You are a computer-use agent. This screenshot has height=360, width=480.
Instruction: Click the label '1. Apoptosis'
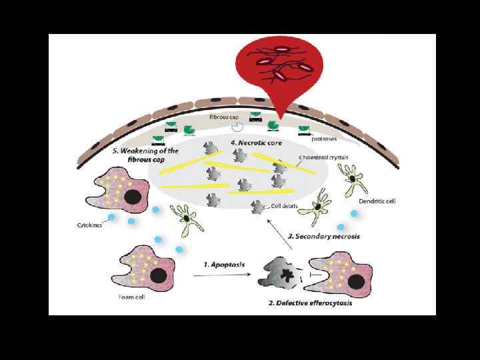[224, 265]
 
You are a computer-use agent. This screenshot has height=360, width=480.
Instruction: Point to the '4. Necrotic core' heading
[253, 143]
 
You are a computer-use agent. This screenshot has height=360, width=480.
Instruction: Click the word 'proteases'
[324, 139]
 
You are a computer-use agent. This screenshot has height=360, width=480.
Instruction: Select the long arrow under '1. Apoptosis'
[223, 275]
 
